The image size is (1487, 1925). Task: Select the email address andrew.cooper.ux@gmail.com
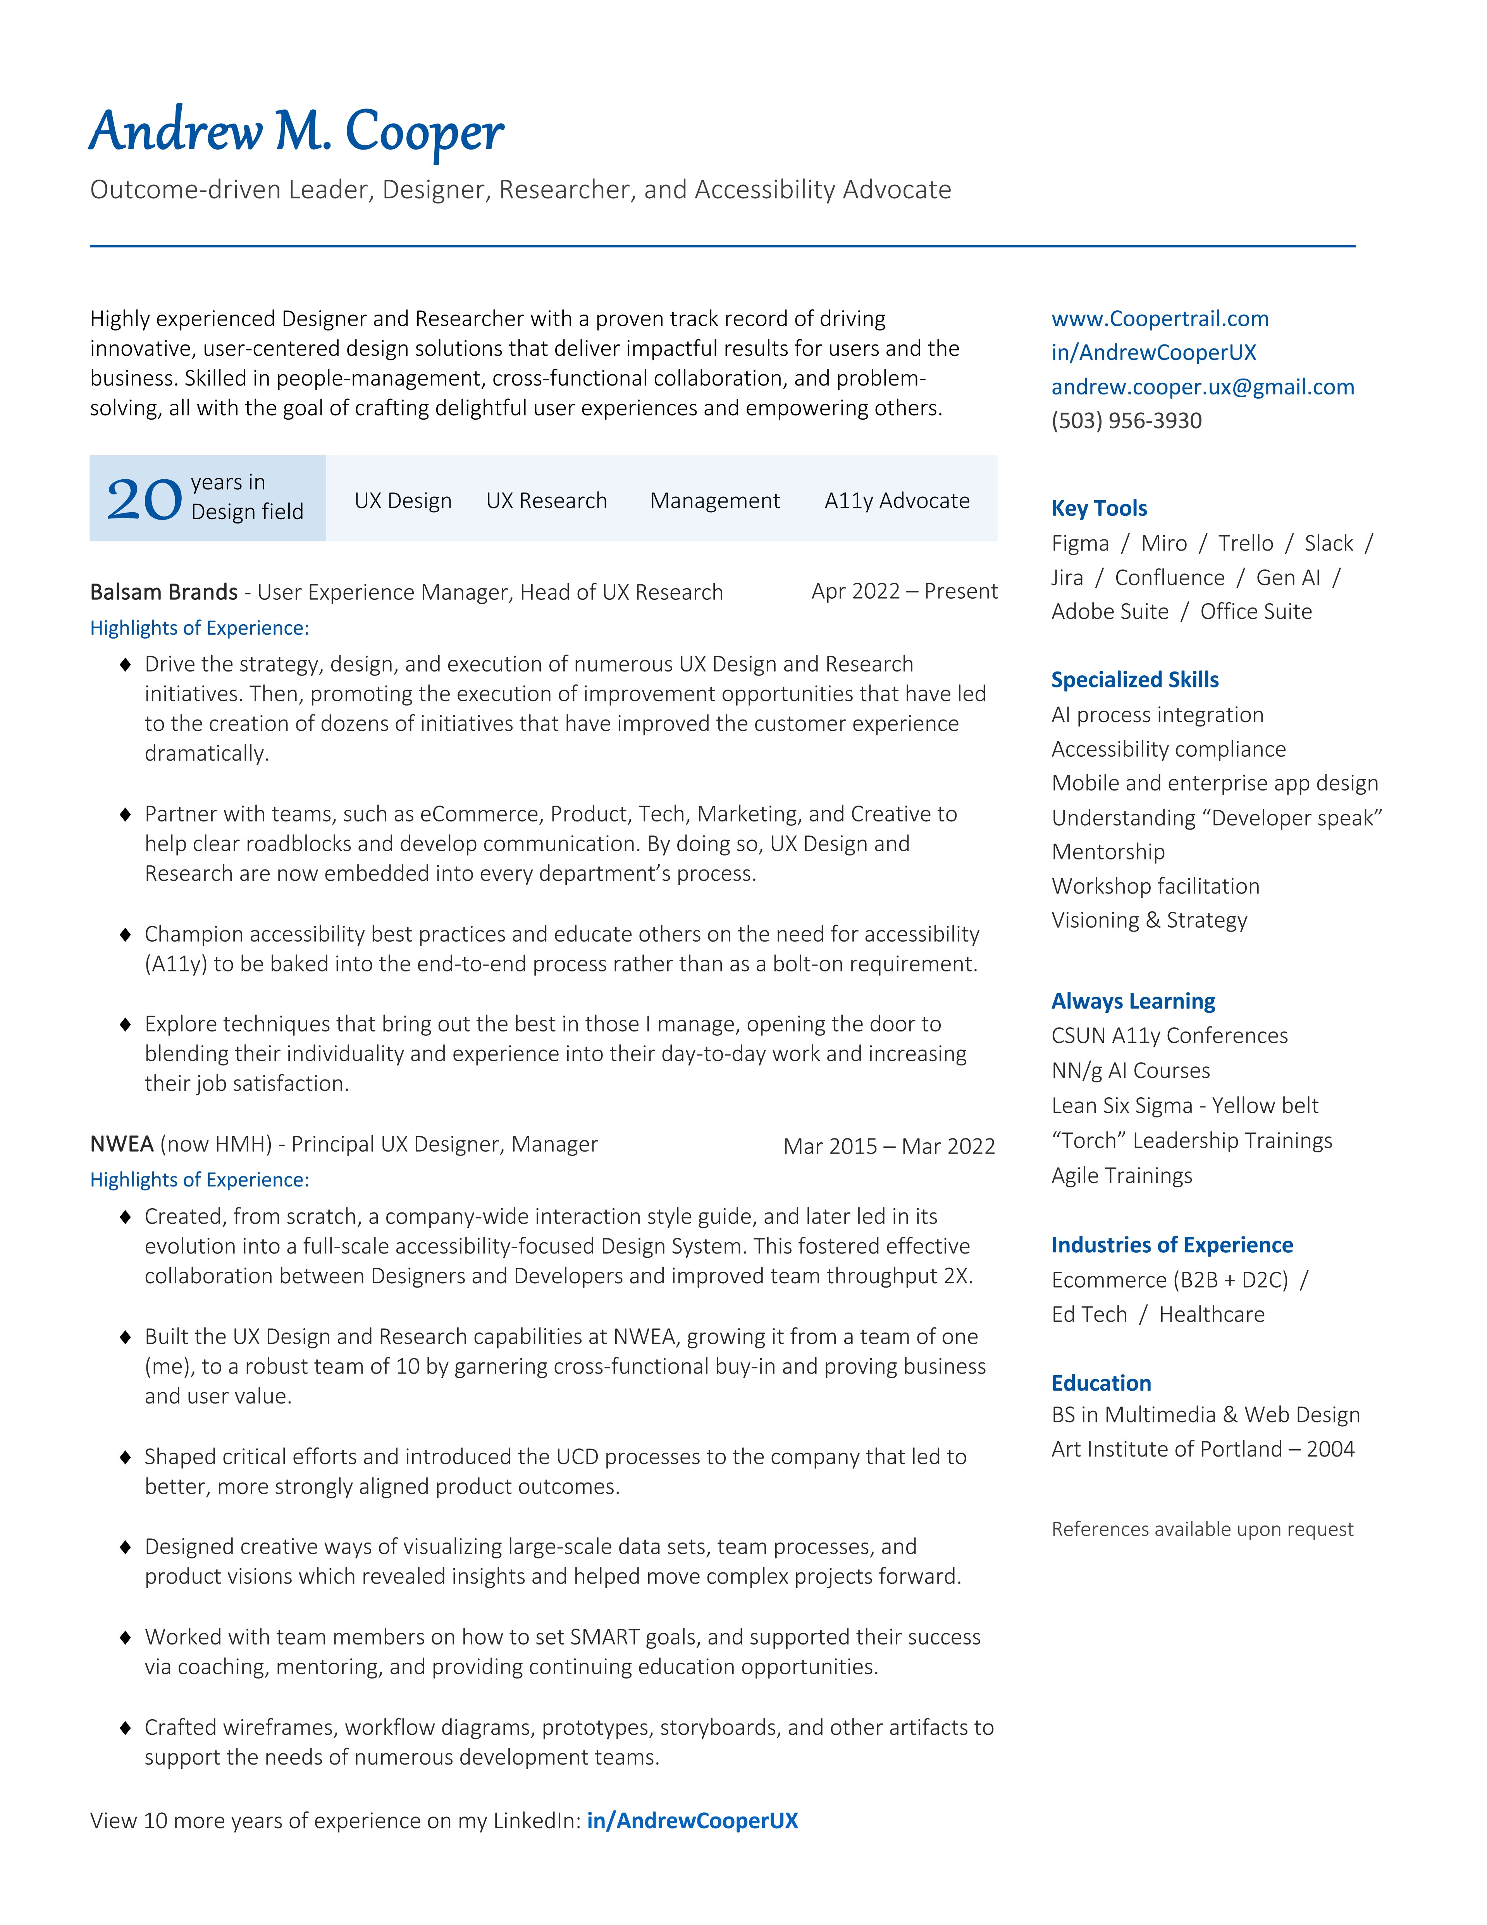[x=1202, y=387]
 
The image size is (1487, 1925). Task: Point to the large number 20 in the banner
[x=144, y=500]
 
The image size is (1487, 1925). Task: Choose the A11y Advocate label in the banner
[x=897, y=501]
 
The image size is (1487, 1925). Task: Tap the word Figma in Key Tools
[x=1080, y=543]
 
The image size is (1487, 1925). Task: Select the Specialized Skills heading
[x=1134, y=680]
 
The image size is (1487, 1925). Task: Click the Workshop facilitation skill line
[x=1155, y=886]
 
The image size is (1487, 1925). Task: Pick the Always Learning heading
[x=1132, y=1001]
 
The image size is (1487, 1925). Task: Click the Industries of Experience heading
[x=1172, y=1245]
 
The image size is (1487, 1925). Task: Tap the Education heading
[x=1101, y=1383]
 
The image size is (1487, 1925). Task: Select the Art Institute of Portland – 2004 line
[x=1202, y=1449]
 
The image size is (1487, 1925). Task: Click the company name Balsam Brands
[x=164, y=591]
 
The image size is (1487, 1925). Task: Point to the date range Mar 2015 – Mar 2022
[x=888, y=1146]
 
